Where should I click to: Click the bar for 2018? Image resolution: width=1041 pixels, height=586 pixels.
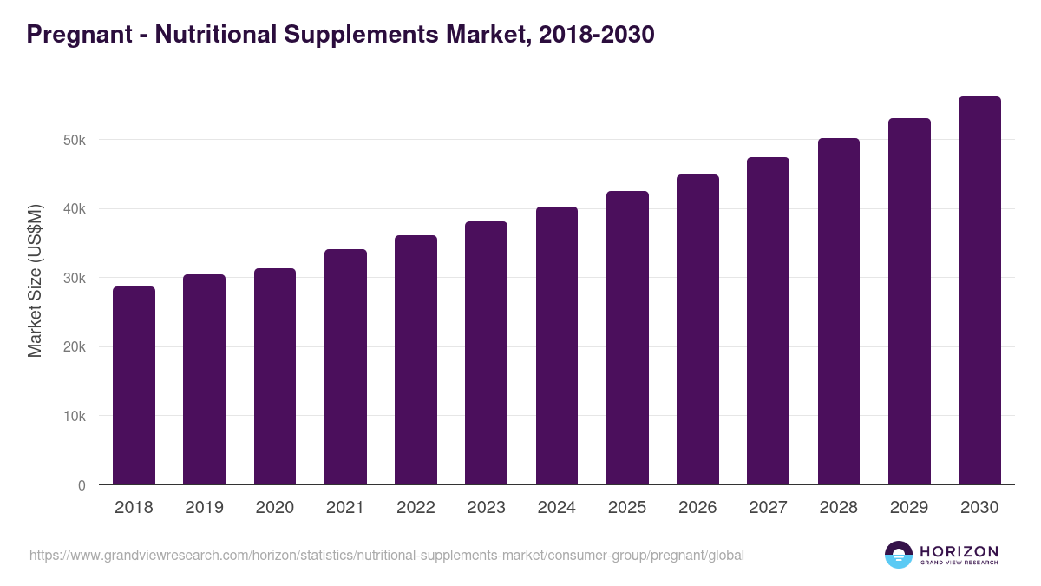coord(134,386)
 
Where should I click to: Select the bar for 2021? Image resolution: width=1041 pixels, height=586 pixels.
coord(345,367)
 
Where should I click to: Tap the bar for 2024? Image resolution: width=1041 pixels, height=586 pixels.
coord(557,346)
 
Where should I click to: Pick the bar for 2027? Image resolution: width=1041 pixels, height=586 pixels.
coord(768,321)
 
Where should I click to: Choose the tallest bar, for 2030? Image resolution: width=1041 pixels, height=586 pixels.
coord(979,291)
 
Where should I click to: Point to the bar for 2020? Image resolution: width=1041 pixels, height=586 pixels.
coord(275,377)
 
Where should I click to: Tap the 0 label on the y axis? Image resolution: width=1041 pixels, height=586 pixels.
coord(82,485)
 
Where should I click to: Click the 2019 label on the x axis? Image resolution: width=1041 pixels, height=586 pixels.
coord(204,508)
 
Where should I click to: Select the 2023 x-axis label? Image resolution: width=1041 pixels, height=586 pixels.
coord(486,508)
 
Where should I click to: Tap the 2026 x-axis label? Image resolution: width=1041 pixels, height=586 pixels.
coord(697,508)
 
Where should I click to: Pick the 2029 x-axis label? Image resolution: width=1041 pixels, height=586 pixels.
coord(909,508)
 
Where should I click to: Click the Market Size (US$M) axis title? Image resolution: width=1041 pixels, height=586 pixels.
coord(35,280)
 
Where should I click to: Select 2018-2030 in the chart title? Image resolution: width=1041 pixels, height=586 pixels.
coord(596,35)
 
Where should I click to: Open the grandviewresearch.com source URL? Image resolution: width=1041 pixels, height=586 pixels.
coord(387,555)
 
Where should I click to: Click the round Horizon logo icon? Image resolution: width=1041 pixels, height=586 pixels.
coord(899,555)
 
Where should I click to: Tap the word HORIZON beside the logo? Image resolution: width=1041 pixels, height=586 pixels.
coord(959,550)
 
